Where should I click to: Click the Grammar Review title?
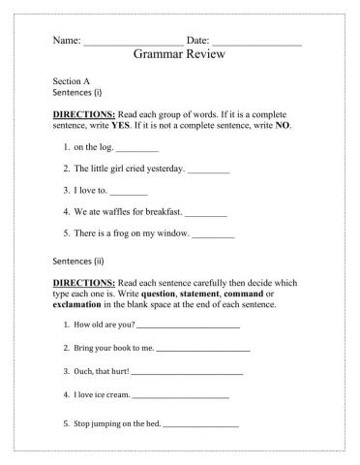click(179, 55)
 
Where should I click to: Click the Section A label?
click(71, 82)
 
